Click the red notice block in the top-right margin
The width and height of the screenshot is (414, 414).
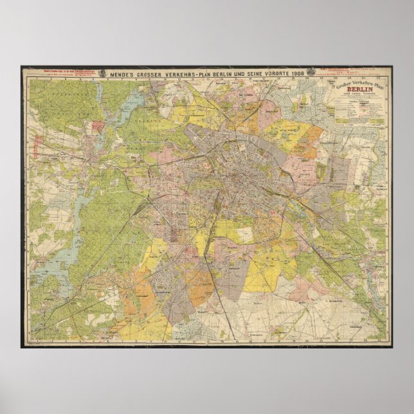339,69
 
